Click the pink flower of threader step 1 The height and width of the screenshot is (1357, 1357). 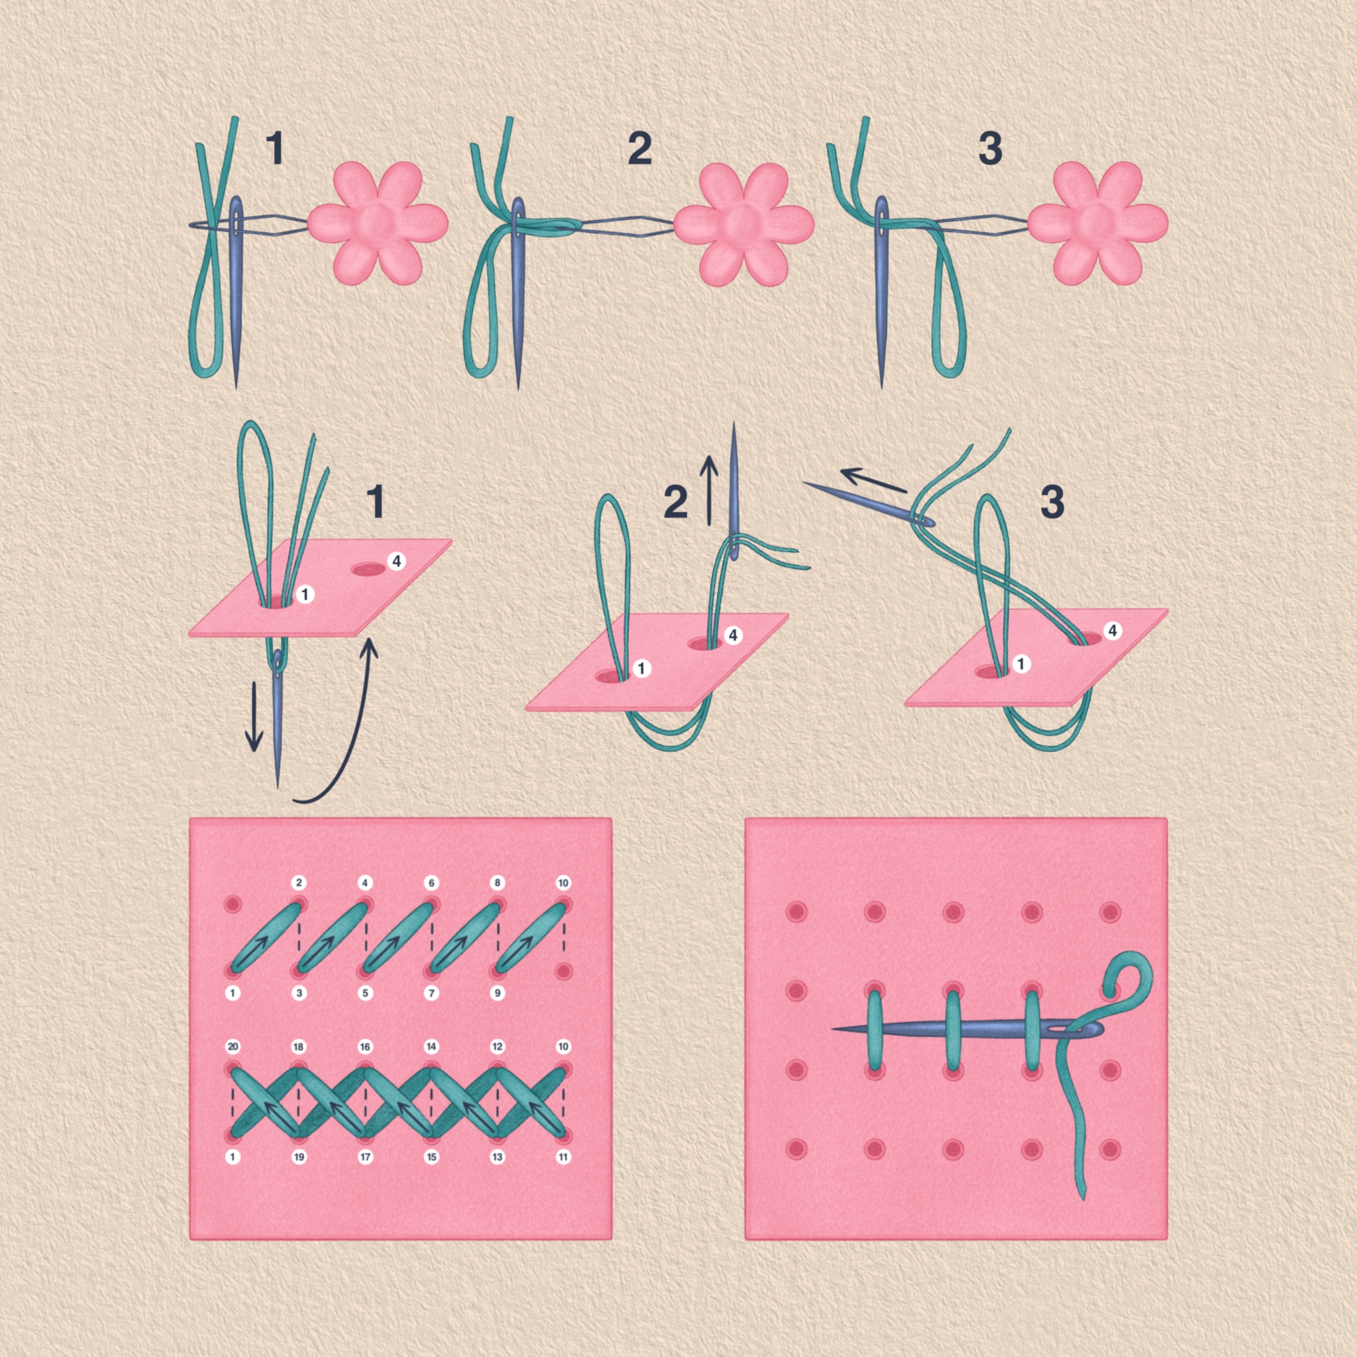coord(378,223)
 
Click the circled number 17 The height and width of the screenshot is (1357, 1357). coord(365,1157)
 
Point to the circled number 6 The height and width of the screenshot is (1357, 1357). coord(431,882)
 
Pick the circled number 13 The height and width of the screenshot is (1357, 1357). coord(498,1157)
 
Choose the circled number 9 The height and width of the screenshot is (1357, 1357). coord(498,993)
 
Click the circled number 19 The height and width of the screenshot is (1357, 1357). coord(299,1157)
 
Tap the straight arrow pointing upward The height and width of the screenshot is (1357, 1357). coord(709,490)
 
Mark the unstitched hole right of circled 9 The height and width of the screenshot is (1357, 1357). coord(563,971)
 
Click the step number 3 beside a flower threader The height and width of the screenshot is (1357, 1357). coord(991,149)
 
